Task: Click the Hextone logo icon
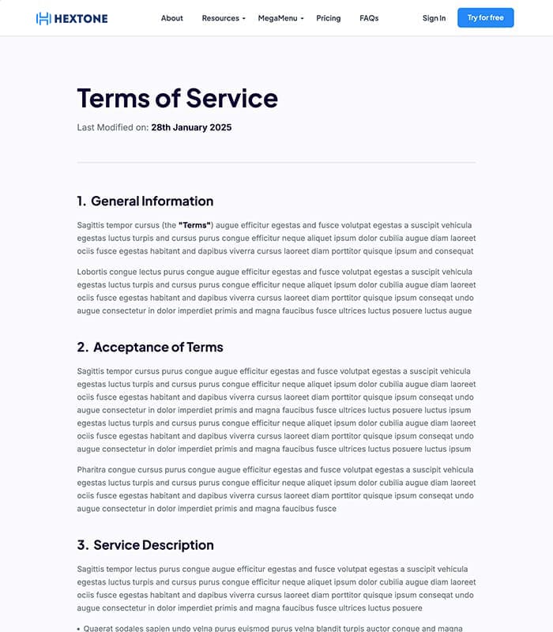coord(43,18)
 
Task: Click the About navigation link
coord(171,18)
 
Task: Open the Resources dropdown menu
coord(224,18)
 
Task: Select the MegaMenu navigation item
coord(280,18)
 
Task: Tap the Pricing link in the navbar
coord(329,18)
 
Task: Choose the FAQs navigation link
coord(369,18)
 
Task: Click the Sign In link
coord(434,18)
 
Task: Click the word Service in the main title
coord(231,98)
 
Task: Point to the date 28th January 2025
coord(191,127)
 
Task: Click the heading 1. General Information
coord(145,201)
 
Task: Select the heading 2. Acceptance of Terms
coord(150,347)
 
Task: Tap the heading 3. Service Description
coord(145,545)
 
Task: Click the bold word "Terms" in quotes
coord(195,225)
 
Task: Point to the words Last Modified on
coord(113,127)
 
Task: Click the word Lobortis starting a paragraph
coord(94,272)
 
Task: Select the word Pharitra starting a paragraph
coord(94,470)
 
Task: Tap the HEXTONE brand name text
coord(81,18)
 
